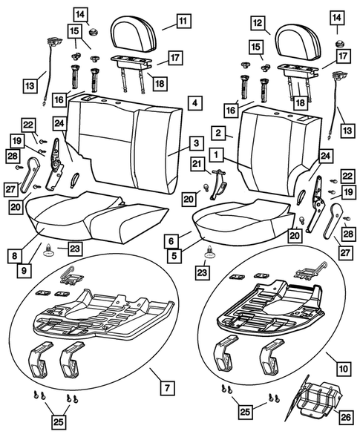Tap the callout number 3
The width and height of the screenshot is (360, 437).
pyautogui.click(x=195, y=142)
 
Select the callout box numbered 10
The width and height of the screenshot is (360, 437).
pyautogui.click(x=344, y=367)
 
